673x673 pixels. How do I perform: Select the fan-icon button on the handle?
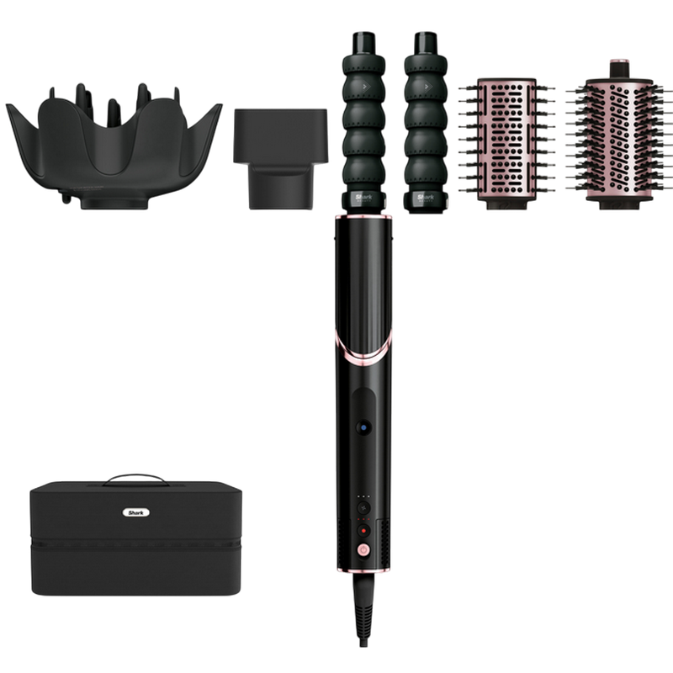click(363, 509)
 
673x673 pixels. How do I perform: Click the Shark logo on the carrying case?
click(134, 511)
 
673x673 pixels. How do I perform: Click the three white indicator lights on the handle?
click(363, 495)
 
